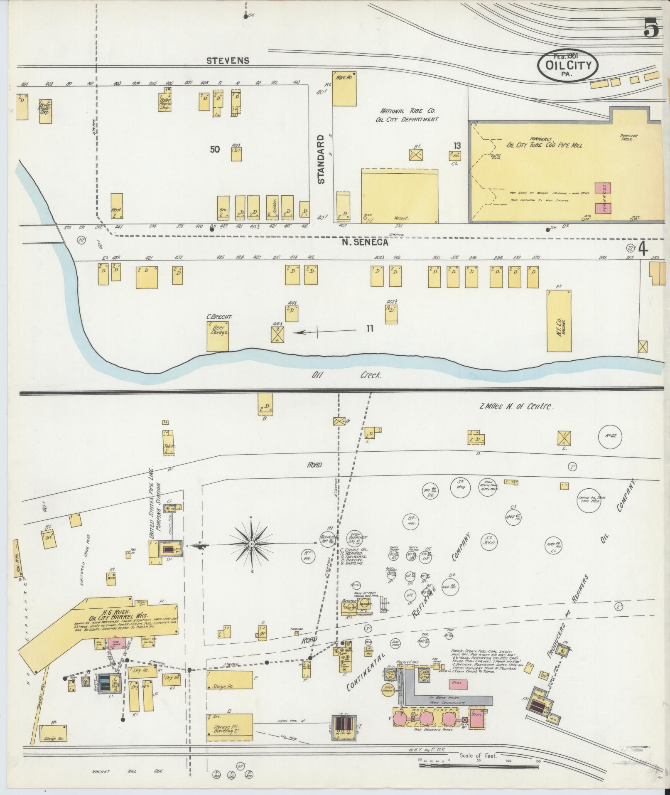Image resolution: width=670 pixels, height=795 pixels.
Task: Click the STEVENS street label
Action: click(228, 61)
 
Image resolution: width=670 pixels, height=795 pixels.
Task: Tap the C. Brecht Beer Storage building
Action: click(218, 336)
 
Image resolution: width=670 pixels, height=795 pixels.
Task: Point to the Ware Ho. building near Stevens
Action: click(344, 89)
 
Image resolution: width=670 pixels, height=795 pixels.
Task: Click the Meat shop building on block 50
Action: click(117, 206)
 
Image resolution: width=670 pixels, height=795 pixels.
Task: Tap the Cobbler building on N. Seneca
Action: click(272, 207)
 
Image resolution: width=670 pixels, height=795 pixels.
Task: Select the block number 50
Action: click(215, 150)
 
